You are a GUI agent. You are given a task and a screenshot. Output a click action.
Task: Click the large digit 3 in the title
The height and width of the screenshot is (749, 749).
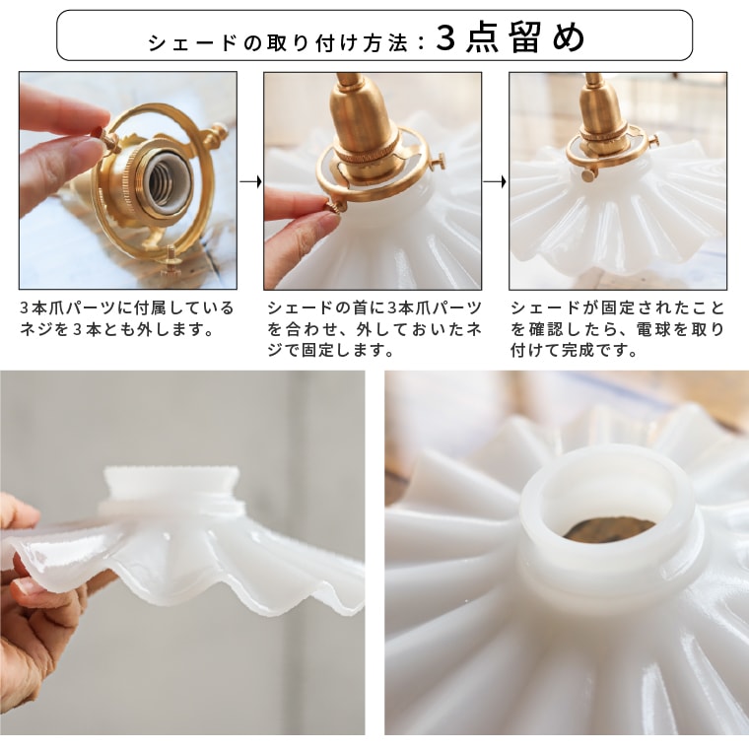pyautogui.click(x=445, y=37)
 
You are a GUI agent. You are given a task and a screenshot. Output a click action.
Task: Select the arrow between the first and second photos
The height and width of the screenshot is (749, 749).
pyautogui.click(x=250, y=181)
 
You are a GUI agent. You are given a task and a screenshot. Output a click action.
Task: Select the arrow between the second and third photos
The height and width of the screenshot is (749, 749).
pyautogui.click(x=495, y=181)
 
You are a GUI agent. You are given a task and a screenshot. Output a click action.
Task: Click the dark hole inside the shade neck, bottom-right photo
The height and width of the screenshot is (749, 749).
pyautogui.click(x=610, y=529)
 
